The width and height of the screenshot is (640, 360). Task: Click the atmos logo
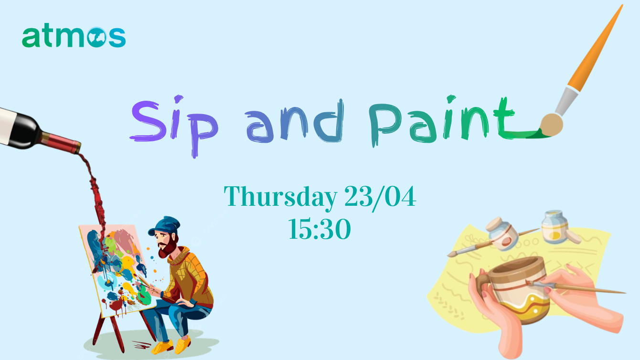[x=74, y=37]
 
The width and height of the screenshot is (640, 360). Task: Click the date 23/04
[x=380, y=197]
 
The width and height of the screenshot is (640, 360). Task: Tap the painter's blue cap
[x=165, y=225]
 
